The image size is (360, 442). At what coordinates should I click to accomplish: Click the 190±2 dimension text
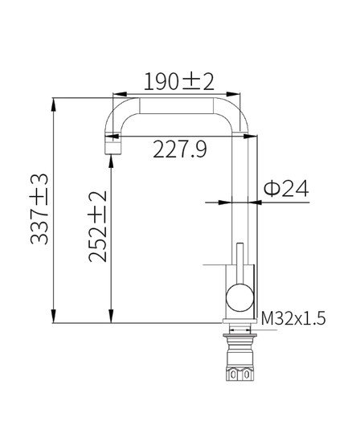(178, 81)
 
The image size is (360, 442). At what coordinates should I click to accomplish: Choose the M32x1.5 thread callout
(293, 319)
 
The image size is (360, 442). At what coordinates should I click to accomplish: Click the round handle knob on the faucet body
(239, 299)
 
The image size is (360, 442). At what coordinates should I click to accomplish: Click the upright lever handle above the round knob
(239, 261)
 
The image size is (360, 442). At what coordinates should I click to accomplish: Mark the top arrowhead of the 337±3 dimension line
(55, 103)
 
